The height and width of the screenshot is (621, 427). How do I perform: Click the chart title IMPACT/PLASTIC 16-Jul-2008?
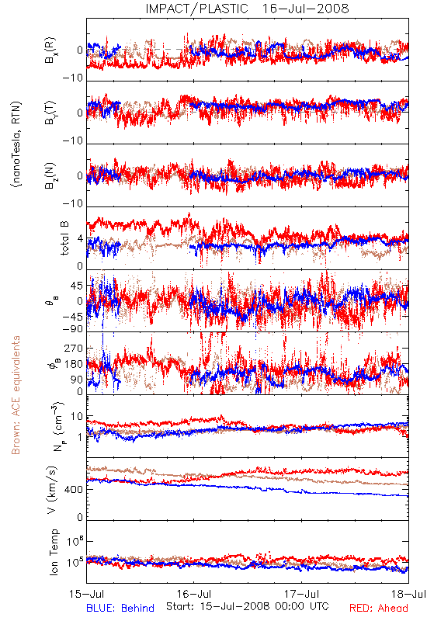(247, 9)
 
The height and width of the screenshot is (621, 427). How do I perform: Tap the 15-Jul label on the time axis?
(87, 594)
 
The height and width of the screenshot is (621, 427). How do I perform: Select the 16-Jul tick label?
(194, 594)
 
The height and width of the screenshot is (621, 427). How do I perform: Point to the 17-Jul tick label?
(301, 594)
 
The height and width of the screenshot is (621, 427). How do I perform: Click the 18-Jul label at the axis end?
(409, 594)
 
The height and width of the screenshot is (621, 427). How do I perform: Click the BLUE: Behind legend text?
(120, 608)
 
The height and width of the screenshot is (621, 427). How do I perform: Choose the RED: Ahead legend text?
(378, 608)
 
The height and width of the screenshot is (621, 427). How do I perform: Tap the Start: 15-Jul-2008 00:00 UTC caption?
(248, 606)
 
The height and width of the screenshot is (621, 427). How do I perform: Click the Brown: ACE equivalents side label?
(16, 395)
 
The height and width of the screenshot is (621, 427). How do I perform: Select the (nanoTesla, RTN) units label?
(16, 144)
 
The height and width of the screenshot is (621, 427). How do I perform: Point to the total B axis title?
(64, 238)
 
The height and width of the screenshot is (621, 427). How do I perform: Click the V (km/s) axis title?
(52, 490)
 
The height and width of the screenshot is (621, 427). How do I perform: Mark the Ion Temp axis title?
(54, 552)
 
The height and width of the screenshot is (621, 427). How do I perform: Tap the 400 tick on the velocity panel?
(74, 490)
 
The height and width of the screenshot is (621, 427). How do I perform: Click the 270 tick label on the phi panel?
(74, 348)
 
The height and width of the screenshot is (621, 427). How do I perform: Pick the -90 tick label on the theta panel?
(72, 328)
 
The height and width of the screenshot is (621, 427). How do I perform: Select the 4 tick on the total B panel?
(81, 239)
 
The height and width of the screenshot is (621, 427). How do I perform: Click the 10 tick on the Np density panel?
(77, 417)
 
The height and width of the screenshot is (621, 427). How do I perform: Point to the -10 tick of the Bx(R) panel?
(73, 78)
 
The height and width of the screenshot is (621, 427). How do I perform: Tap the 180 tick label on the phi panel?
(74, 364)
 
